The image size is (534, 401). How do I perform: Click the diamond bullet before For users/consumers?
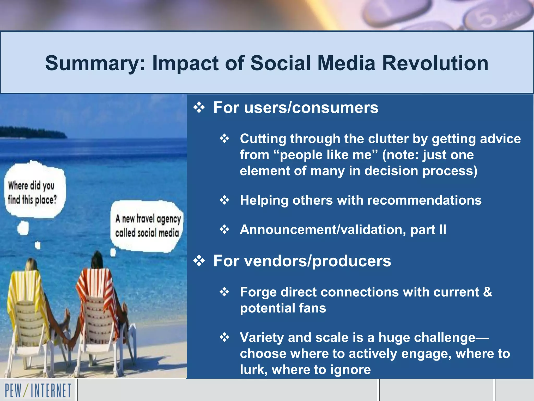(x=199, y=108)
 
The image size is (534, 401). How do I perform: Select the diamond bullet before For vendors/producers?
(x=199, y=261)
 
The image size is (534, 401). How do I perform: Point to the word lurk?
(x=253, y=370)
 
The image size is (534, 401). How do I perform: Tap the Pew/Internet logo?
(x=38, y=391)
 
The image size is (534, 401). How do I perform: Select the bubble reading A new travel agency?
(x=148, y=226)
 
